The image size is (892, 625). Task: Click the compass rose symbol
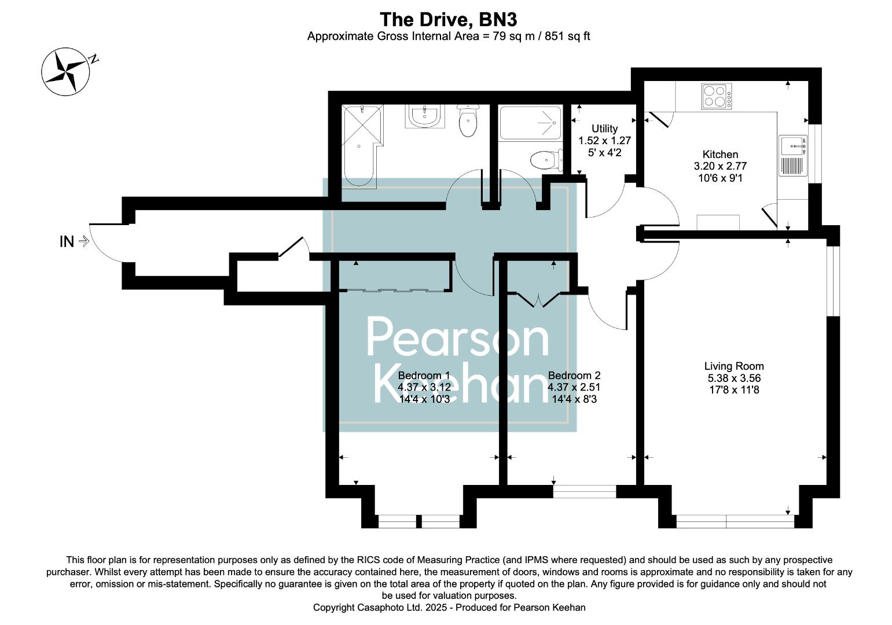[65, 71]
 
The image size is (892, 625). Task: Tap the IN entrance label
[67, 242]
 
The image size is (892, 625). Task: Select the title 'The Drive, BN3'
[448, 20]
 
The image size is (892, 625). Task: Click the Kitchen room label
[720, 155]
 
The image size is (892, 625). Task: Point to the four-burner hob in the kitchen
[716, 97]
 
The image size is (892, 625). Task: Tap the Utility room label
[604, 128]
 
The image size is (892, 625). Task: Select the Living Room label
[733, 366]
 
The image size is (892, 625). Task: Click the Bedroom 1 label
[424, 375]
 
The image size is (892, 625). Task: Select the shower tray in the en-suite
[530, 122]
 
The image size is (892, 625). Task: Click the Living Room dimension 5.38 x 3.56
[733, 378]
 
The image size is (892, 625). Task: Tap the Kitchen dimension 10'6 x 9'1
[720, 178]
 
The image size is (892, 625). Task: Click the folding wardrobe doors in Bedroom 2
[538, 300]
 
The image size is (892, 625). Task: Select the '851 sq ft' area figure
[567, 36]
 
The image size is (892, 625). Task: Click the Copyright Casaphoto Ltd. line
[449, 608]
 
